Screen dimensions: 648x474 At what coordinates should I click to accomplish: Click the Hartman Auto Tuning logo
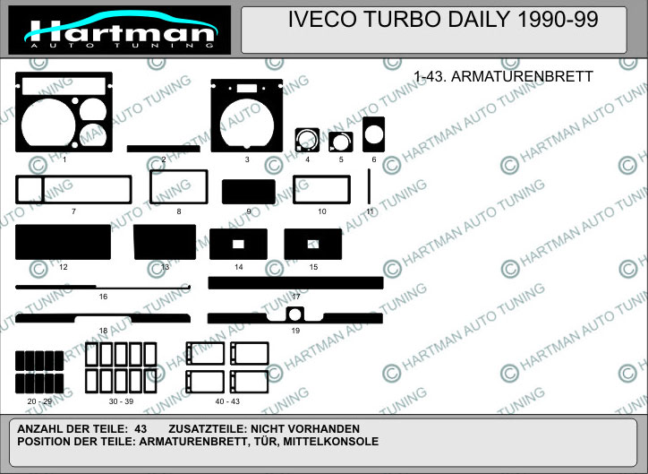[119, 30]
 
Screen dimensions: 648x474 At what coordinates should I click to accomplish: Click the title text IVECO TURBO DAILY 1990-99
[443, 19]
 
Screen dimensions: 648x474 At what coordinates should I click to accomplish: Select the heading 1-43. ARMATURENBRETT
[503, 76]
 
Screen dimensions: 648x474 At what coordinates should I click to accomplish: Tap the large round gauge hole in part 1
[48, 123]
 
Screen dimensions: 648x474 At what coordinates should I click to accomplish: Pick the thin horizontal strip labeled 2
[163, 149]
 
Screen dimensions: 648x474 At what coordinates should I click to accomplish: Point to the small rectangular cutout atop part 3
[247, 88]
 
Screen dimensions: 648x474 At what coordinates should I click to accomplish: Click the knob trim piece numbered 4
[307, 140]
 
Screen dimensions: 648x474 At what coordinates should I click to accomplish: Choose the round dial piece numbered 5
[341, 142]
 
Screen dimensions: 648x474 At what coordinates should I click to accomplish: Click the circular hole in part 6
[374, 134]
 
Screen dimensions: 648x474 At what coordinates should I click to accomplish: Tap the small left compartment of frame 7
[30, 189]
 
